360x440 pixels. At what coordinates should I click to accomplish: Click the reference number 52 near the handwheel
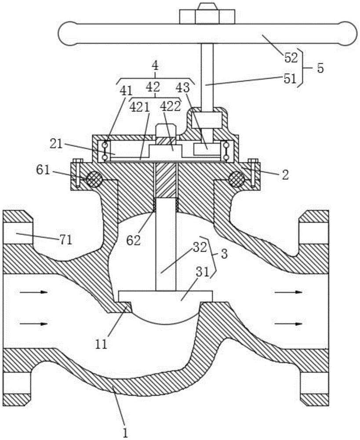[291, 58]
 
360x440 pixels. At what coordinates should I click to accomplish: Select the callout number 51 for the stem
[290, 79]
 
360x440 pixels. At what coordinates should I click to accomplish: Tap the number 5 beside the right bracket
[320, 68]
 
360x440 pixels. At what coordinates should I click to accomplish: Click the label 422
[170, 106]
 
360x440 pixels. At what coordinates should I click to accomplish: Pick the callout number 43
[182, 88]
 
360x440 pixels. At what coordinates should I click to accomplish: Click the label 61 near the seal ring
[43, 170]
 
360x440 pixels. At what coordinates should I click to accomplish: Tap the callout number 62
[134, 241]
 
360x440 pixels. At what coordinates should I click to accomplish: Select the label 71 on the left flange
[65, 240]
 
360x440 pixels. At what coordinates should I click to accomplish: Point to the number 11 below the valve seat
[101, 345]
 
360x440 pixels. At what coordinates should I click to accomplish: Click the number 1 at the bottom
[125, 433]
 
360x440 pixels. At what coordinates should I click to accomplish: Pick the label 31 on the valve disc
[203, 272]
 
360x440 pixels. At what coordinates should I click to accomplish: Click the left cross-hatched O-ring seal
[94, 179]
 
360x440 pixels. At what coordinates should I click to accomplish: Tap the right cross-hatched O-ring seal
[237, 179]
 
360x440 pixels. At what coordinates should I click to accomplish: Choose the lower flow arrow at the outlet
[288, 323]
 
